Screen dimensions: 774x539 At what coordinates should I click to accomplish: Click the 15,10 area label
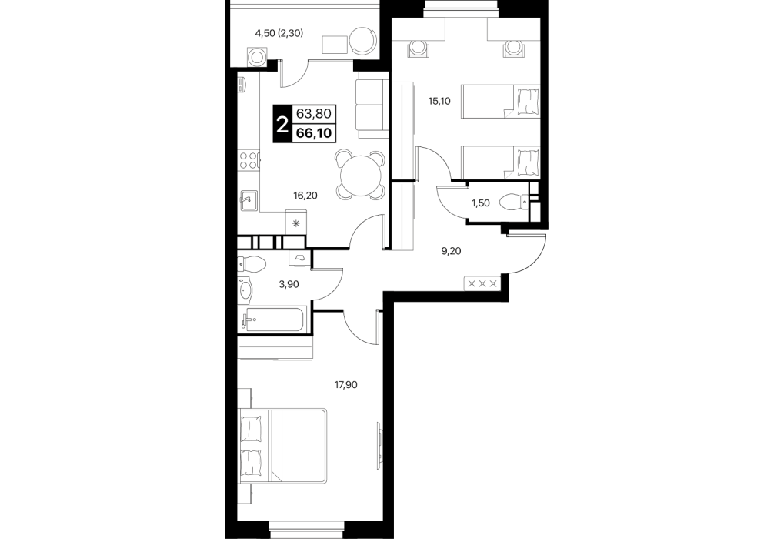tap(439, 102)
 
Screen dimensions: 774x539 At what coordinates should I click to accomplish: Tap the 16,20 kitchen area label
tap(305, 196)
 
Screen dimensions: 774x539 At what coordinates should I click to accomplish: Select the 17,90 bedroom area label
tap(345, 384)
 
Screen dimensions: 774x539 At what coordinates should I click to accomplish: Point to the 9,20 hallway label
tap(451, 251)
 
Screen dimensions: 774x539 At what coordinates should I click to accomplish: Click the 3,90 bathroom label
tap(289, 284)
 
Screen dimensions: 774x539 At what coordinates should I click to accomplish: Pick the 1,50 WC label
tap(480, 203)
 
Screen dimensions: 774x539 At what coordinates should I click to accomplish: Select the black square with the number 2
tap(282, 124)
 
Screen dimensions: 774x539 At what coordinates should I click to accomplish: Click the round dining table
tap(360, 175)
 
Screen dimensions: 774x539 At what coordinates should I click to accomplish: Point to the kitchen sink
tap(249, 200)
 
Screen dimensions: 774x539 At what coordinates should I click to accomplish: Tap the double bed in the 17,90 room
tap(282, 445)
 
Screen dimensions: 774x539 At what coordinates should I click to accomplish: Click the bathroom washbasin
tap(245, 289)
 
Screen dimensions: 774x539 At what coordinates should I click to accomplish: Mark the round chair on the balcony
tap(364, 41)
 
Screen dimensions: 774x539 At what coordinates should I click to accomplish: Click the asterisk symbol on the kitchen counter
tap(296, 224)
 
